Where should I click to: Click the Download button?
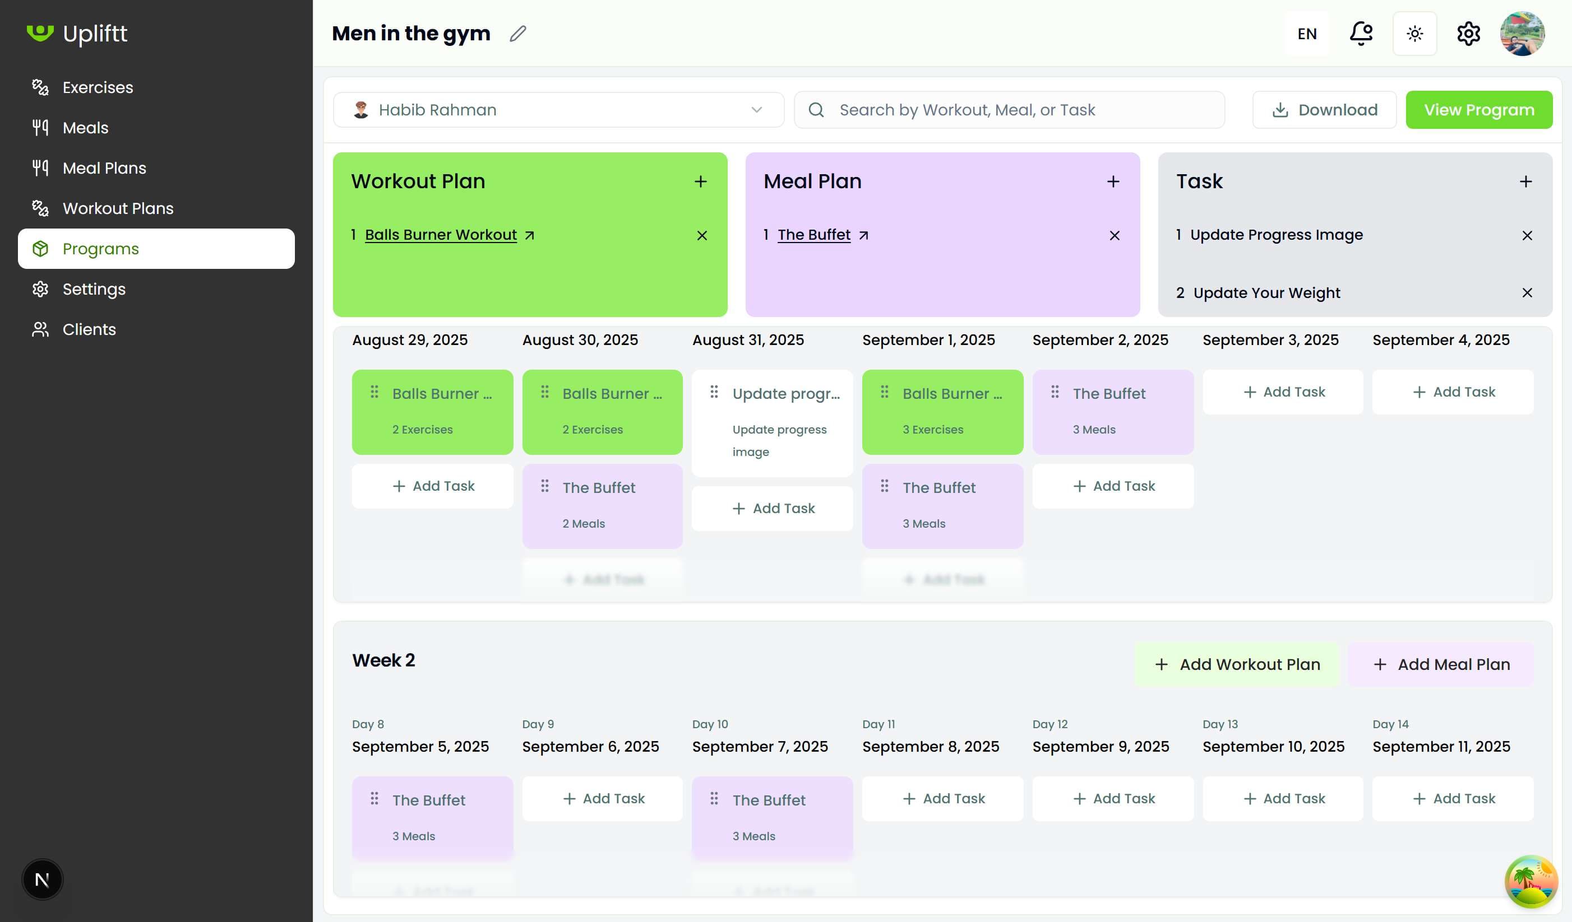pyautogui.click(x=1324, y=110)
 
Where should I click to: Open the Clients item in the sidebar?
pyautogui.click(x=89, y=329)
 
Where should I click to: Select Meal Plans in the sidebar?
pyautogui.click(x=104, y=167)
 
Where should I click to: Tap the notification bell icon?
pyautogui.click(x=1361, y=34)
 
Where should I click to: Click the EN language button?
pyautogui.click(x=1307, y=34)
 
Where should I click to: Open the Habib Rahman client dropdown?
pyautogui.click(x=558, y=110)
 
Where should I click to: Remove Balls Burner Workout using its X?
pyautogui.click(x=702, y=236)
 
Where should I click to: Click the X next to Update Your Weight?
pyautogui.click(x=1527, y=293)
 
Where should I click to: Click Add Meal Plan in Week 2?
pyautogui.click(x=1441, y=664)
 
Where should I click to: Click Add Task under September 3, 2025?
pyautogui.click(x=1283, y=392)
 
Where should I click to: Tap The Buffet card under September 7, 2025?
pyautogui.click(x=773, y=817)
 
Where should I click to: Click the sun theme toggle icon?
pyautogui.click(x=1414, y=34)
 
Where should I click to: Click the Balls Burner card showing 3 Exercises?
pyautogui.click(x=942, y=412)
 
